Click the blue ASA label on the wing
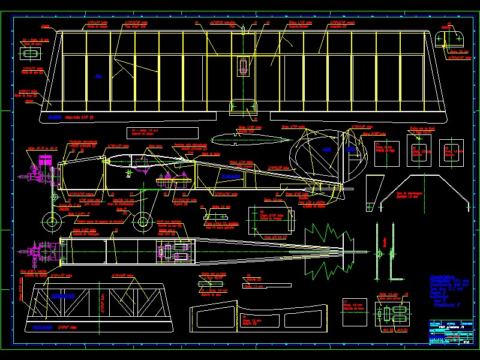tap(98, 76)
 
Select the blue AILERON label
tap(55, 116)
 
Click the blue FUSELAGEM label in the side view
tap(230, 177)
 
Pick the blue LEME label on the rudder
tap(326, 149)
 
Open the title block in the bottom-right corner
tap(449, 333)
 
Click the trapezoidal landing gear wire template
tap(434, 190)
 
